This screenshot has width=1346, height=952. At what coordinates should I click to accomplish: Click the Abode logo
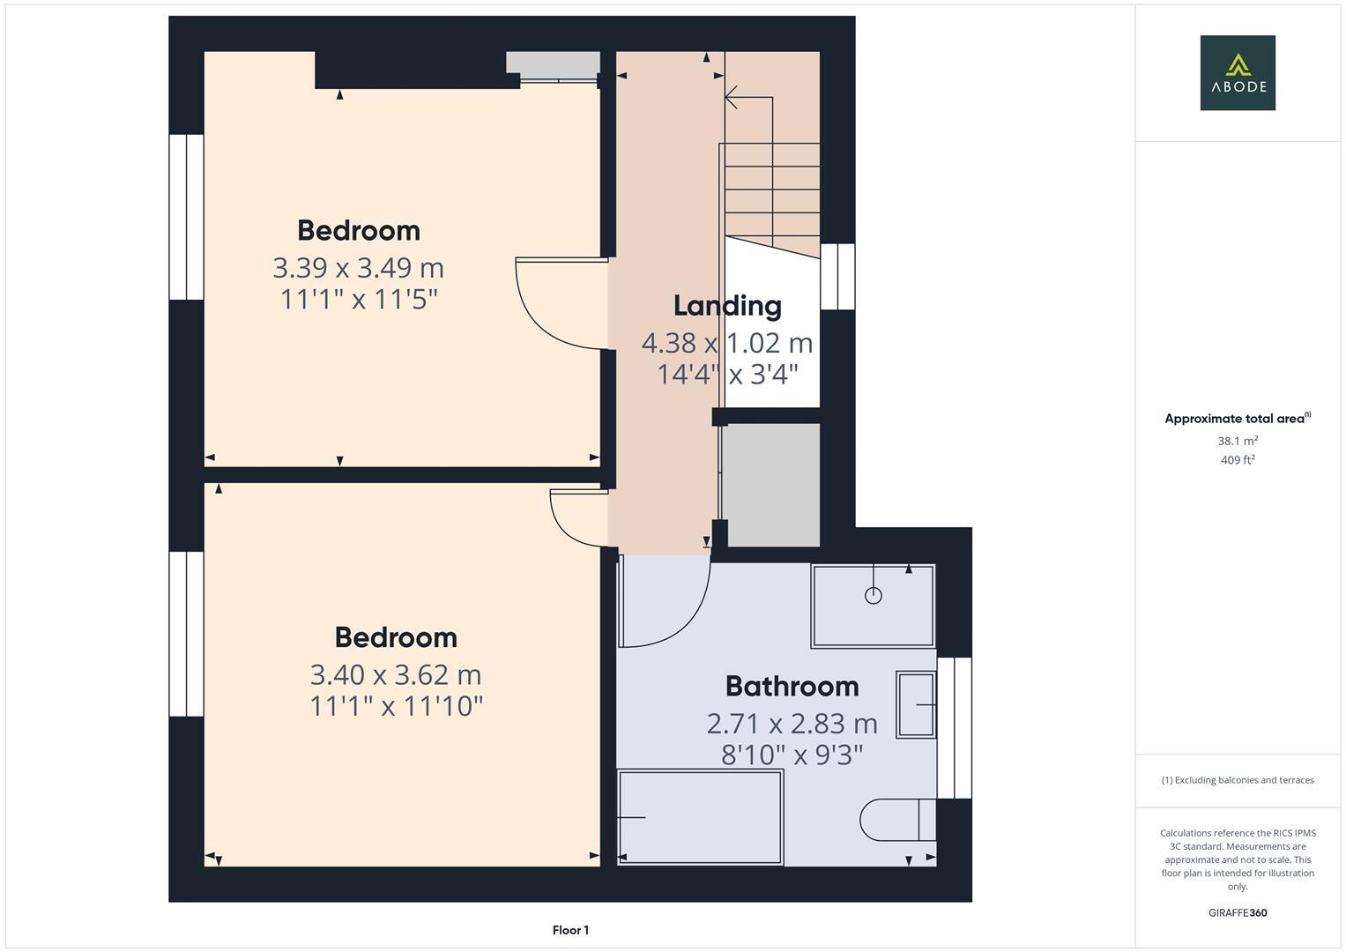click(1237, 72)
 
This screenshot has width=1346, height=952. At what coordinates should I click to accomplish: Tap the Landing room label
click(727, 306)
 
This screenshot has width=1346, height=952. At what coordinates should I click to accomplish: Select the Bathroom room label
click(792, 686)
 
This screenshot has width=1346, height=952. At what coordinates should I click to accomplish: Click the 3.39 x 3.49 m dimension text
click(358, 267)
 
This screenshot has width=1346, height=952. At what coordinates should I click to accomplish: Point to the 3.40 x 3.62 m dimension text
click(396, 674)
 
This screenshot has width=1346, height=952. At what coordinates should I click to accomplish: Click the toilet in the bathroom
click(896, 820)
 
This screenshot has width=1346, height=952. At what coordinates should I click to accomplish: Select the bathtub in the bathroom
click(700, 817)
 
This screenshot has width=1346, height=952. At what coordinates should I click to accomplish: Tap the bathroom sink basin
click(916, 704)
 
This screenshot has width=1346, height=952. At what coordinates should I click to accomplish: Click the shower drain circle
click(874, 595)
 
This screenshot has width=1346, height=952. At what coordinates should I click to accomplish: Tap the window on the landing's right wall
click(837, 277)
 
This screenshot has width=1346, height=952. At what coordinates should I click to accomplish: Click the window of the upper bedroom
click(186, 217)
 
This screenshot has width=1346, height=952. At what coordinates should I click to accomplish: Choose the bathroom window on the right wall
click(954, 728)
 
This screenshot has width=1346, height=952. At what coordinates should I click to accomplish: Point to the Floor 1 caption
click(570, 930)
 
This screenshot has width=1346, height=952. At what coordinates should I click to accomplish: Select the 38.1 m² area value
click(1238, 441)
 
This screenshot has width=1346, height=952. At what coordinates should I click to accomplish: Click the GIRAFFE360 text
click(1238, 912)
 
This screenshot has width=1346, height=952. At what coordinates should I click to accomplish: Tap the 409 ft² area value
click(1238, 460)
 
